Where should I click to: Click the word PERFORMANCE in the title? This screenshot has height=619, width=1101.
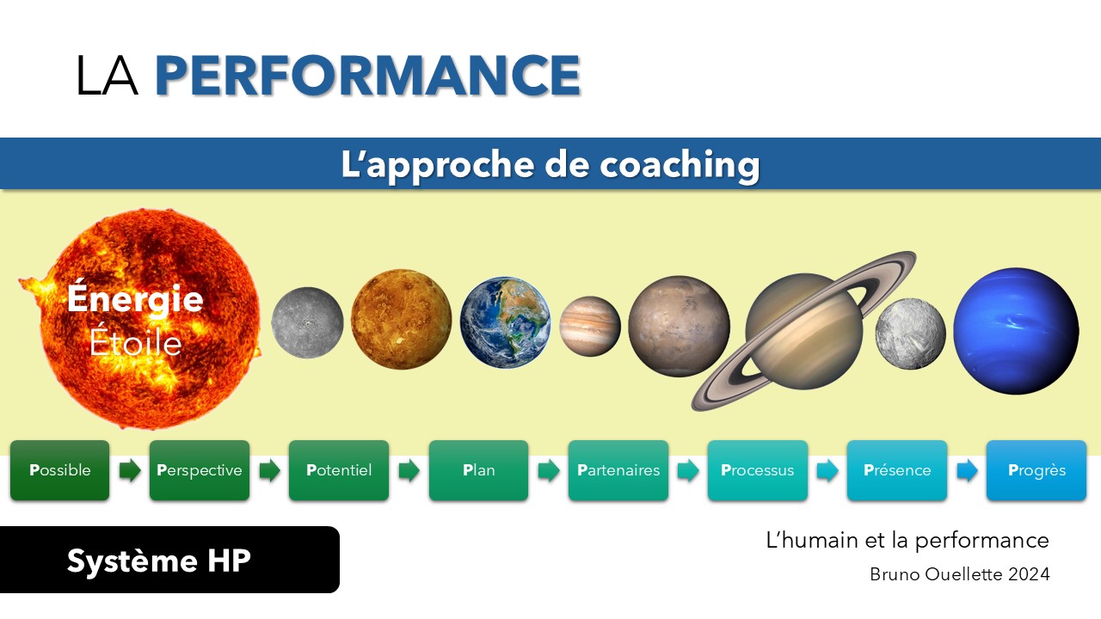(367, 75)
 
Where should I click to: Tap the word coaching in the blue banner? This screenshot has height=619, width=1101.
(680, 165)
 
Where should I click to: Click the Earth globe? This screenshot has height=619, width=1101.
(505, 322)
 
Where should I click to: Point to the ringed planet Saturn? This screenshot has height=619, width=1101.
(804, 331)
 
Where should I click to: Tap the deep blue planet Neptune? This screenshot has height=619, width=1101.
(1016, 331)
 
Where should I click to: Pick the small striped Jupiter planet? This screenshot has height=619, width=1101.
(590, 326)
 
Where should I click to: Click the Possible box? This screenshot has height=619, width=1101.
(60, 470)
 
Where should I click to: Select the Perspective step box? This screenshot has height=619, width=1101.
(200, 470)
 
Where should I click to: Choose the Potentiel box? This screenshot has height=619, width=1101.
(339, 470)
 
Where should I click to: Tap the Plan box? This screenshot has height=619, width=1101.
(479, 470)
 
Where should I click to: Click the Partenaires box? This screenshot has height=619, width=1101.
(618, 470)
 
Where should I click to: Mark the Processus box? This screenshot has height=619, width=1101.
(758, 470)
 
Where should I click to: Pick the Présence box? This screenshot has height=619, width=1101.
(897, 470)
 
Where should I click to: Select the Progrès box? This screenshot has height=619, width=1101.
(1036, 470)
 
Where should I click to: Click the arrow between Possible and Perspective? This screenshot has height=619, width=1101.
(130, 470)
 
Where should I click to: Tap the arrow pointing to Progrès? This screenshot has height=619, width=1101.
(968, 470)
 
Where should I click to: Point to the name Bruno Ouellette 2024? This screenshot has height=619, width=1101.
(959, 574)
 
